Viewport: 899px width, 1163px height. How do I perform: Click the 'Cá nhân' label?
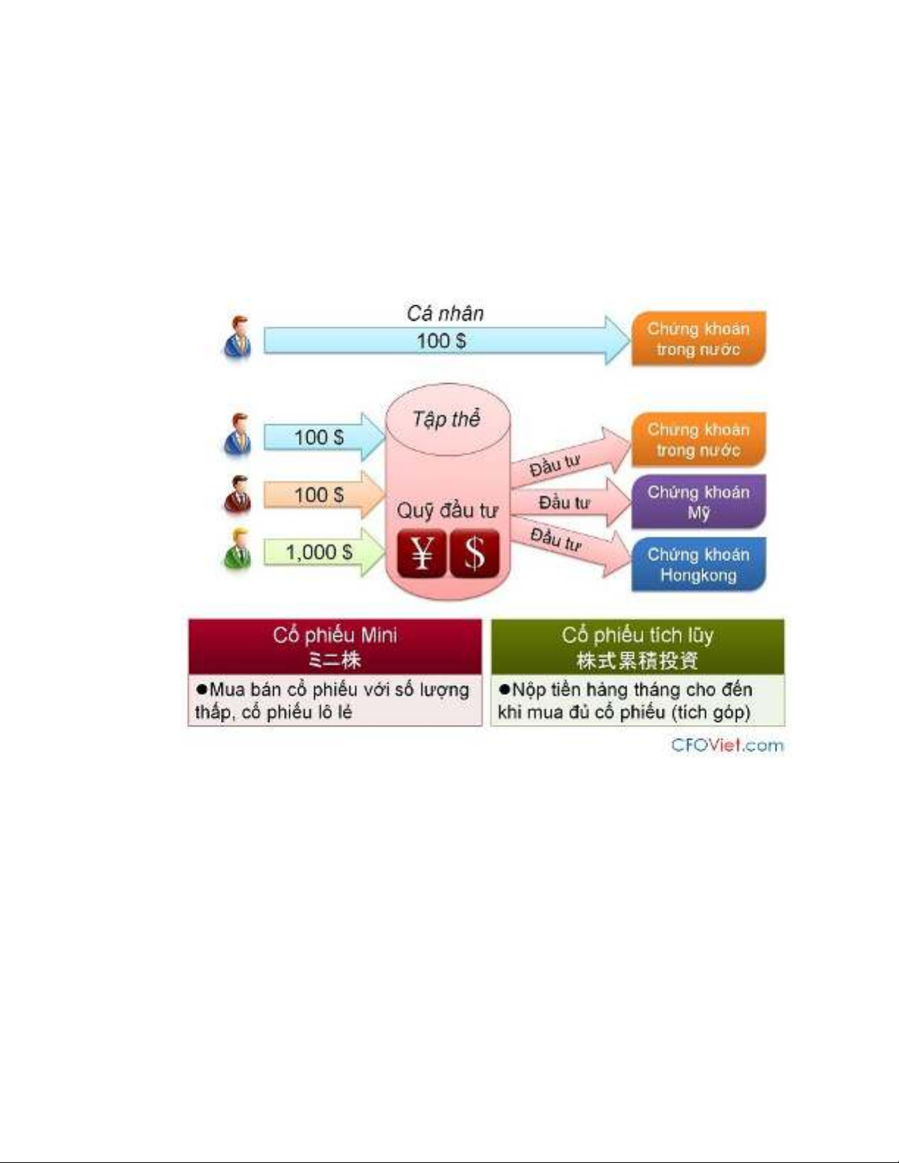click(x=445, y=313)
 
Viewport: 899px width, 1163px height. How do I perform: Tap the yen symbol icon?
click(x=421, y=553)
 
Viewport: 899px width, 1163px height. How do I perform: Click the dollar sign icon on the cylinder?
click(x=475, y=553)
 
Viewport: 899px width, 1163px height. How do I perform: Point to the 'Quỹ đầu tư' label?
click(x=448, y=510)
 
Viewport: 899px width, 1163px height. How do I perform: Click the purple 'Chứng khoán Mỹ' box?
click(x=699, y=502)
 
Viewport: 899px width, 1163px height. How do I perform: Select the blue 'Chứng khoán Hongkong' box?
click(x=699, y=565)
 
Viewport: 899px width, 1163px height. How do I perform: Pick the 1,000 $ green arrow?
click(x=324, y=552)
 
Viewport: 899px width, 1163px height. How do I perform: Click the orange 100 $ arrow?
click(x=324, y=495)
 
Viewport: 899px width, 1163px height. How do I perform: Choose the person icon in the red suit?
click(x=237, y=495)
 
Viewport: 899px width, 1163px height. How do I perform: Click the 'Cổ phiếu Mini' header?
click(x=335, y=646)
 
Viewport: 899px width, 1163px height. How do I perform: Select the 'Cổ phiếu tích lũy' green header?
click(x=638, y=646)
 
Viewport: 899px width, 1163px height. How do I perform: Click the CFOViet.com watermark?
click(x=727, y=745)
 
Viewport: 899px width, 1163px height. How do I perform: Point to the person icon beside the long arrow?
click(x=237, y=338)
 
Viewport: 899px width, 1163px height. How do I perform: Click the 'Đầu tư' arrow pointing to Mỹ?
click(x=571, y=502)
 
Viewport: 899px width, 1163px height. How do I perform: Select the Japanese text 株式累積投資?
click(x=637, y=660)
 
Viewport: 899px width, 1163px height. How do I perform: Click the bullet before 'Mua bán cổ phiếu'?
click(x=201, y=689)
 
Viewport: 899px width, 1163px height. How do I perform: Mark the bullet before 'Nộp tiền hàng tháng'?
click(x=503, y=689)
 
